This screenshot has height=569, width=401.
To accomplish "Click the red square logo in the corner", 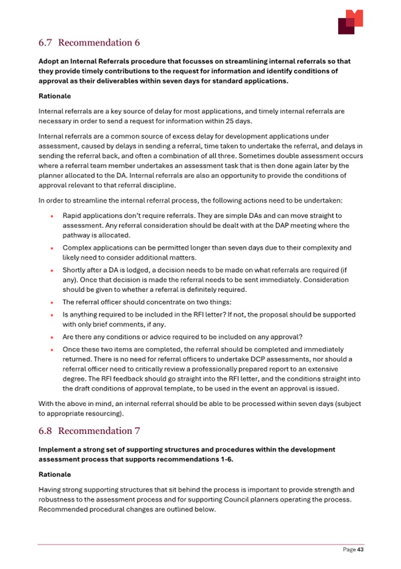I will pyautogui.click(x=350, y=22).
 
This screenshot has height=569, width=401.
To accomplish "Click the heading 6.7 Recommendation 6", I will pyautogui.click(x=89, y=43).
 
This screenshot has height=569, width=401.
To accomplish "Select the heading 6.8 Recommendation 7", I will pyautogui.click(x=89, y=430).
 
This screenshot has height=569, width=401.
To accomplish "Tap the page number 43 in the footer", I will pyautogui.click(x=360, y=550).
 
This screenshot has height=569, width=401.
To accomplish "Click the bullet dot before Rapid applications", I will pyautogui.click(x=53, y=215).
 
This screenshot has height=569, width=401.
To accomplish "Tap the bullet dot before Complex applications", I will pyautogui.click(x=53, y=248).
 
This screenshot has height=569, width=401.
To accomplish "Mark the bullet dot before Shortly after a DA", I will pyautogui.click(x=53, y=271).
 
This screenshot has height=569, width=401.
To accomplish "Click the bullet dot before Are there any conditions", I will pyautogui.click(x=53, y=337).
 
